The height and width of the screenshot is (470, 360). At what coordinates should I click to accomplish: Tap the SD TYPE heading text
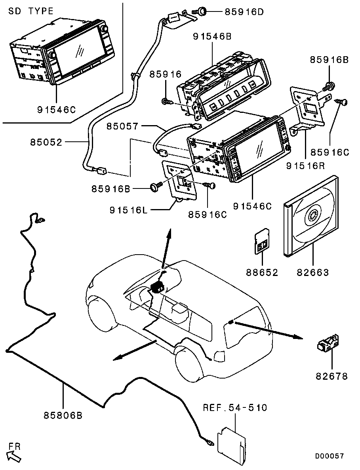31,11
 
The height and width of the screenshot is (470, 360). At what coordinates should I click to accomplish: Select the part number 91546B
212,36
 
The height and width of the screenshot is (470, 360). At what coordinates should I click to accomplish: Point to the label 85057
122,127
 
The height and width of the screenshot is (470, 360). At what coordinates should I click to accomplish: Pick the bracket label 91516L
128,210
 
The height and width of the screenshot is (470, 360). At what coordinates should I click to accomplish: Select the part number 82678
331,376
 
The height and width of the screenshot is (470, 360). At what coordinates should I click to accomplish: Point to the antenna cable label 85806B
63,416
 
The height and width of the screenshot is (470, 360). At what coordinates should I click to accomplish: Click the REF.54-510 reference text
235,408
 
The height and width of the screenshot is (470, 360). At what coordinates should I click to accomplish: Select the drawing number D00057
330,457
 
